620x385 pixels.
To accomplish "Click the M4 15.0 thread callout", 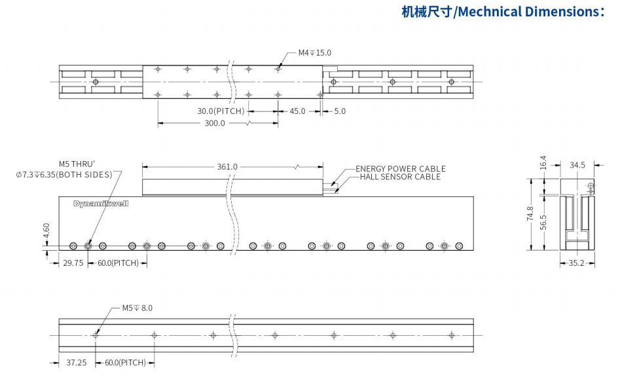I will (315, 52).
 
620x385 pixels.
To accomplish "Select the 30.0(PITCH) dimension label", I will (221, 111).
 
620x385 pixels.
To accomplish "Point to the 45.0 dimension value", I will (297, 111).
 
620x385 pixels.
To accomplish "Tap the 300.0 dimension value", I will (215, 123).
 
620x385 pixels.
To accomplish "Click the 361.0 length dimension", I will (227, 167).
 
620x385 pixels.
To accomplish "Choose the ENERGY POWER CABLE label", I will (400, 169).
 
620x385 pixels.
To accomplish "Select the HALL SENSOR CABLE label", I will (400, 177).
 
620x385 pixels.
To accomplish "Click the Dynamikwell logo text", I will (101, 204).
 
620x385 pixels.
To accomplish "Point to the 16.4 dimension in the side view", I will (542, 163).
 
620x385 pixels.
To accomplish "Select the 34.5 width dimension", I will (577, 166).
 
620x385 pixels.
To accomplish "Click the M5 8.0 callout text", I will (137, 308).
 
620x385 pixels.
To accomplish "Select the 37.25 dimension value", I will (77, 362).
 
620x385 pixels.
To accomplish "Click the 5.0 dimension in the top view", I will (340, 111).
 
